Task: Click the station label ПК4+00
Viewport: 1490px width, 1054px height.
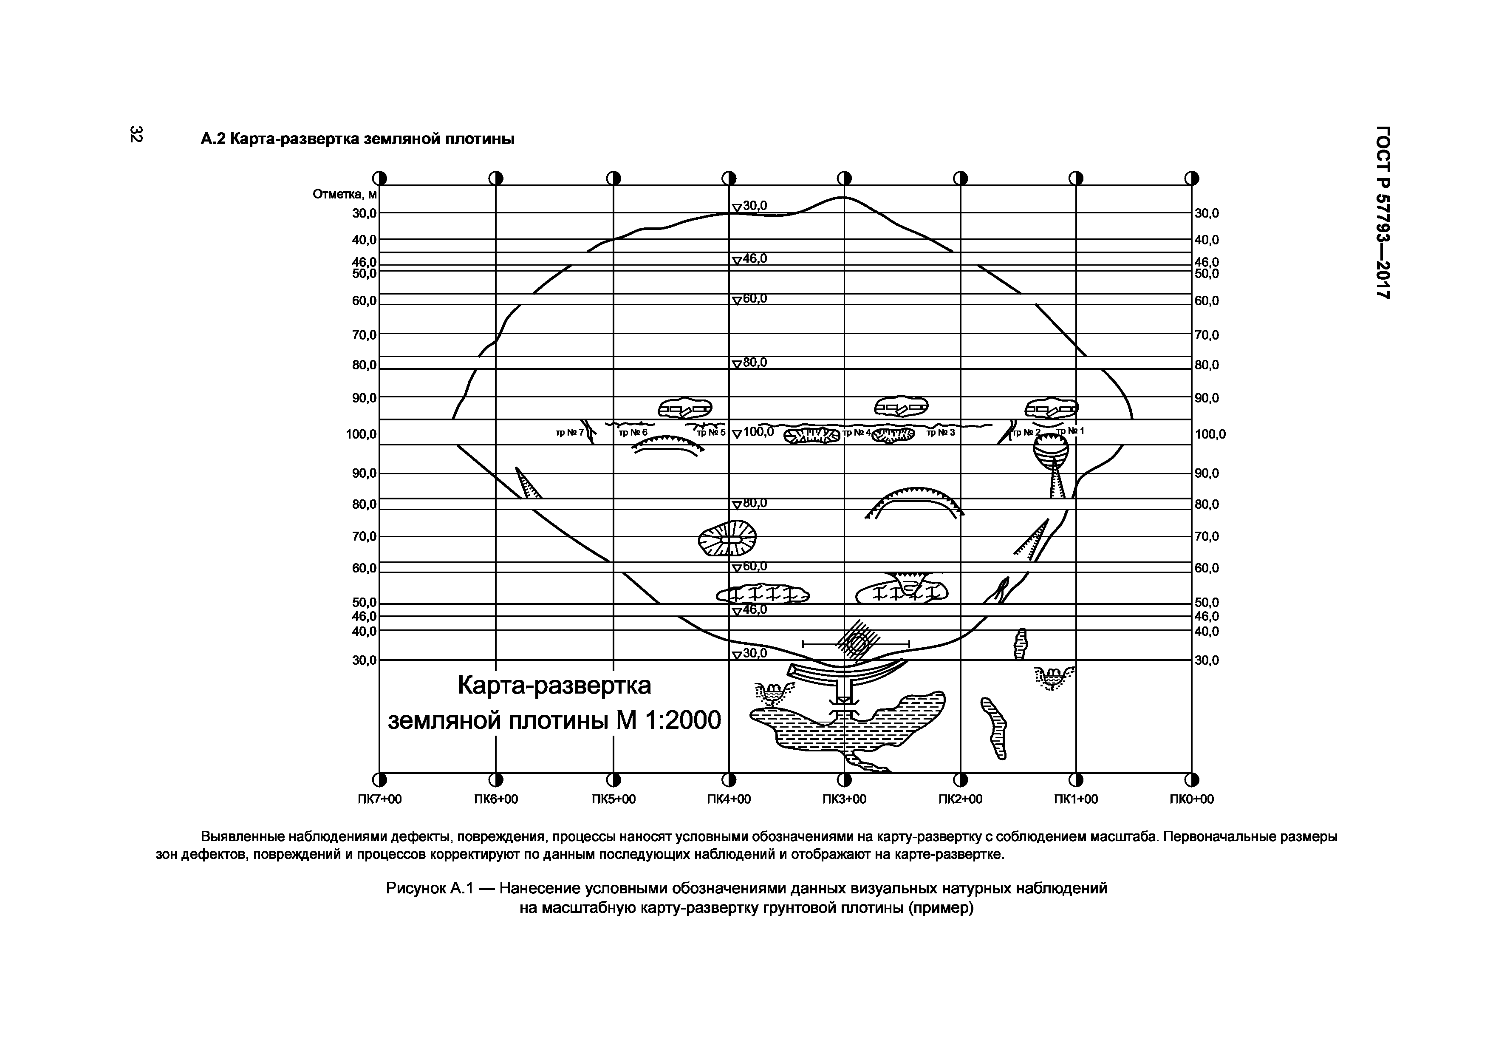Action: [728, 799]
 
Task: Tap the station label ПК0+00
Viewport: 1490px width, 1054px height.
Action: [1191, 799]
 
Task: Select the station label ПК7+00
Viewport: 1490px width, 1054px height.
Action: [380, 799]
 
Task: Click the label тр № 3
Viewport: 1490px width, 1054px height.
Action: [940, 432]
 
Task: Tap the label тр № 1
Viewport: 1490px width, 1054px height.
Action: [1070, 430]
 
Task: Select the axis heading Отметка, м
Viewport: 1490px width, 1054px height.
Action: [345, 195]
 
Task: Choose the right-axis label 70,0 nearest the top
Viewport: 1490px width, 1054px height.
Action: [1207, 335]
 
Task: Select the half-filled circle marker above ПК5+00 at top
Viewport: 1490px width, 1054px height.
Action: [613, 178]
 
